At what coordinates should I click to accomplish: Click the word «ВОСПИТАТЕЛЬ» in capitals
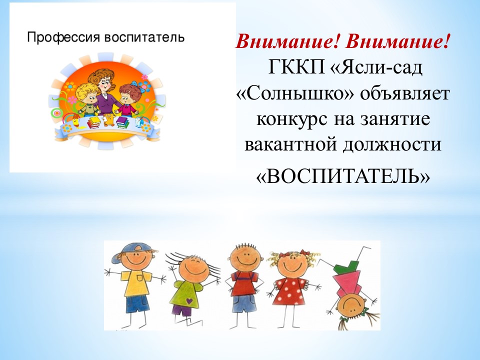coord(343,176)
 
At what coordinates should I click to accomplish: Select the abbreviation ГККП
coord(296,67)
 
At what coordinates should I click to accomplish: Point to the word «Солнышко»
coord(295,93)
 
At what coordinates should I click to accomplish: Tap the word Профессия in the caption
coord(63,37)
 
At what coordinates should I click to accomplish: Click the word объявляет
coord(404,93)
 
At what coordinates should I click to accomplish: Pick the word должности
coord(392,144)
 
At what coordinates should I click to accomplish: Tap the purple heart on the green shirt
coord(189,301)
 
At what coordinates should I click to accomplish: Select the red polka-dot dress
coord(289,290)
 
